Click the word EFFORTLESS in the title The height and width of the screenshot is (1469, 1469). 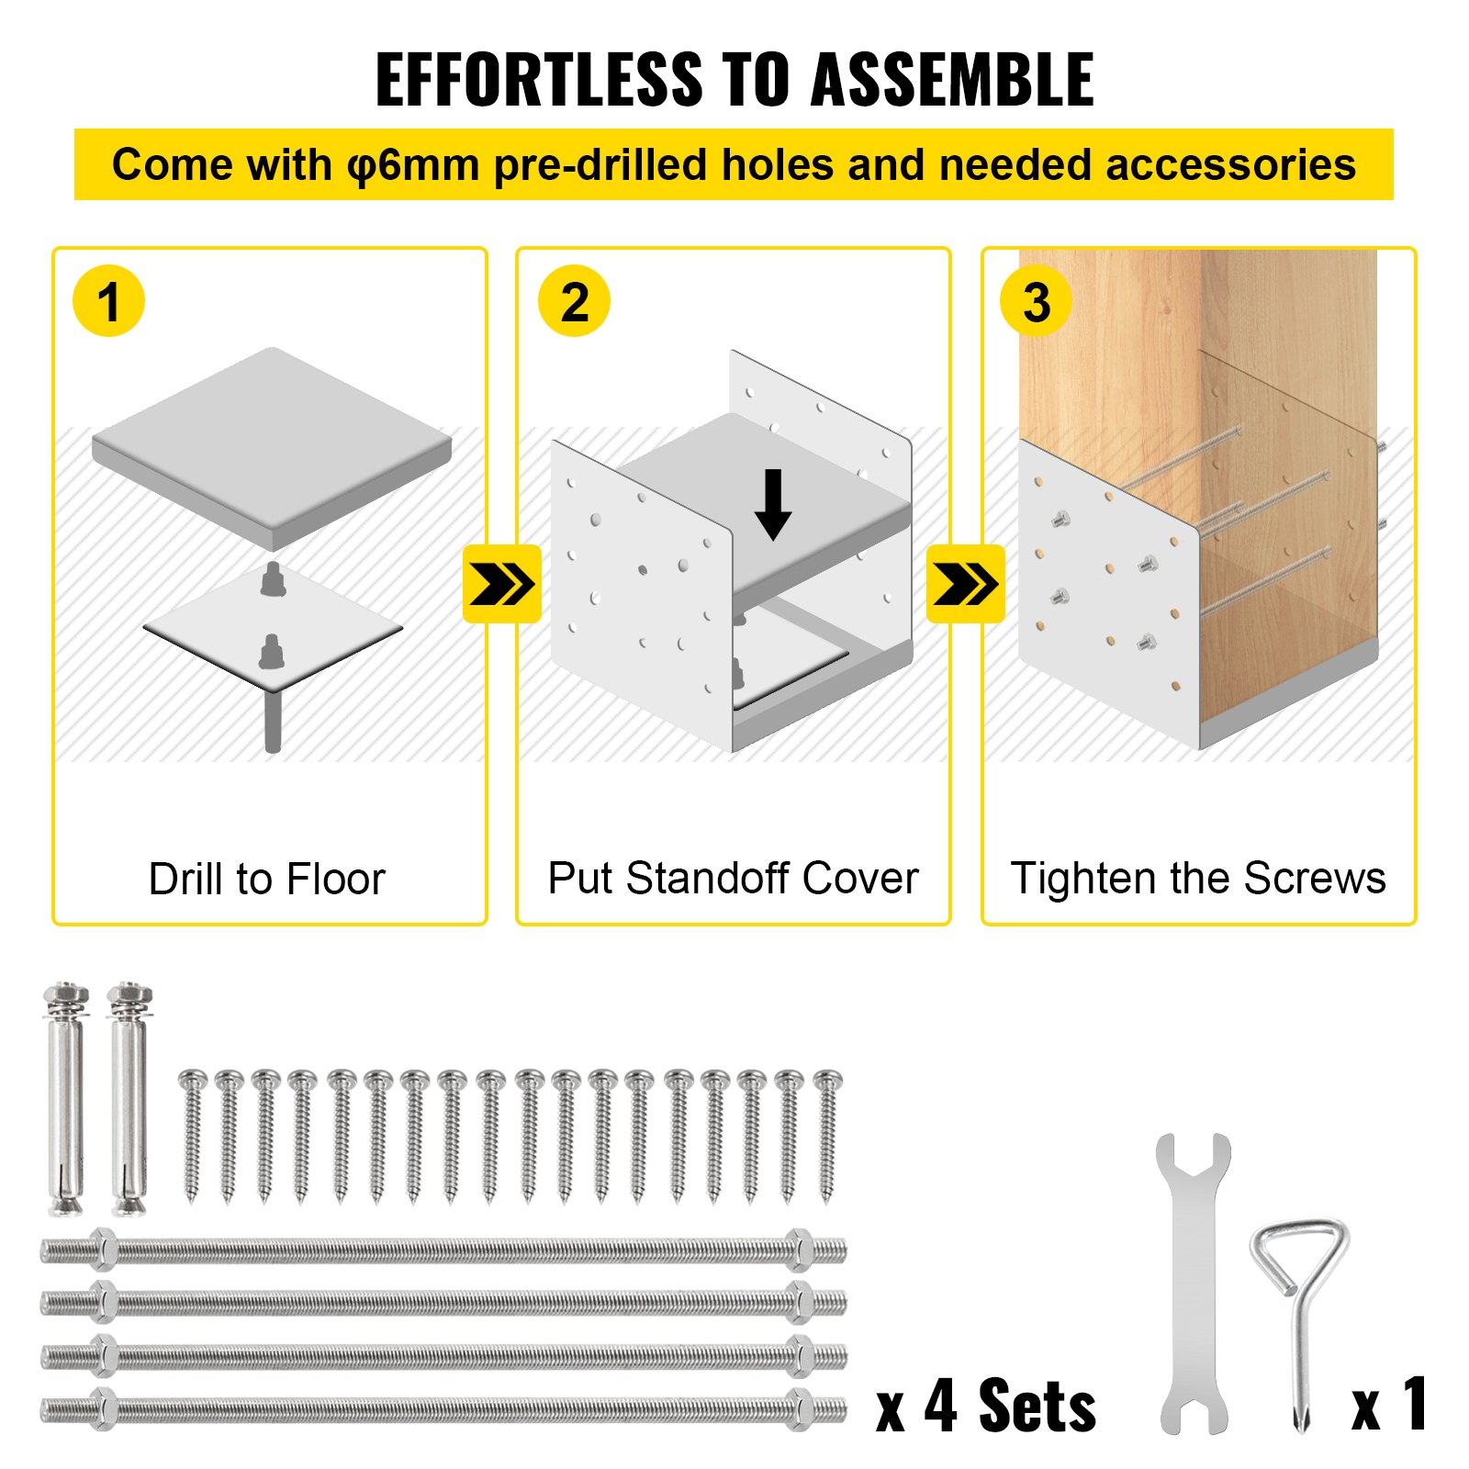pyautogui.click(x=539, y=81)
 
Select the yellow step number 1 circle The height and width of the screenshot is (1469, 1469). pyautogui.click(x=108, y=301)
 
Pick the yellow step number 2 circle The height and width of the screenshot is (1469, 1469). pyautogui.click(x=574, y=301)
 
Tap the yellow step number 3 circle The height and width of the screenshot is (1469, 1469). pyautogui.click(x=1037, y=301)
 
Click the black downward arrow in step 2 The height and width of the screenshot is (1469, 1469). pyautogui.click(x=773, y=504)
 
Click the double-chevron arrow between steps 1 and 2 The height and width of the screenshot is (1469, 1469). pyautogui.click(x=501, y=584)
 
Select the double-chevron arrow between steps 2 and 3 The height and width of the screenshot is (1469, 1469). pyautogui.click(x=965, y=584)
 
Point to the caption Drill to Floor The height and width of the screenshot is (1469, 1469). pyautogui.click(x=267, y=879)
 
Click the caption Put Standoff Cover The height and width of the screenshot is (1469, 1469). pyautogui.click(x=733, y=878)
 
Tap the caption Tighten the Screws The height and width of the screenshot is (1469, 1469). pyautogui.click(x=1197, y=878)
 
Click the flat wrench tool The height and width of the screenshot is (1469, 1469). pyautogui.click(x=1194, y=1285)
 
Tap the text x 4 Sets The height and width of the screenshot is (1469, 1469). pyautogui.click(x=986, y=1406)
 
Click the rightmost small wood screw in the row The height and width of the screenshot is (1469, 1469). pyautogui.click(x=827, y=1134)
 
